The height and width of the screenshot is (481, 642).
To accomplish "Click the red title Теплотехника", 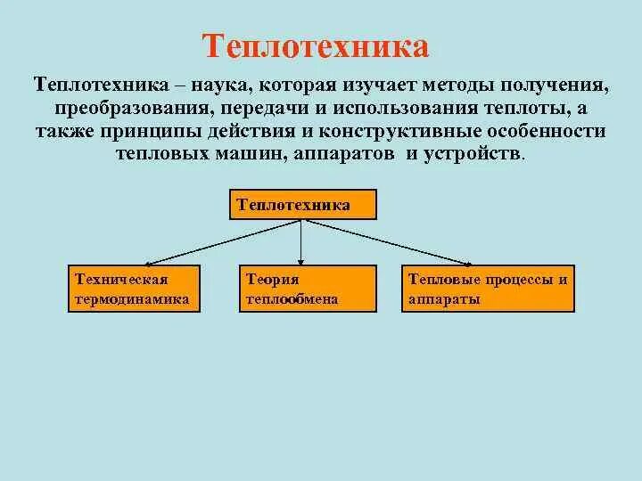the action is tap(317, 46).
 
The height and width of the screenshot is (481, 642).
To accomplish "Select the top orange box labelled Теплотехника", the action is tap(303, 204).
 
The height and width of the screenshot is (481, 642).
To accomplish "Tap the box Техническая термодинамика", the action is tap(135, 289).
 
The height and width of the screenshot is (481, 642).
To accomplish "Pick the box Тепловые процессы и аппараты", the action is tap(489, 289).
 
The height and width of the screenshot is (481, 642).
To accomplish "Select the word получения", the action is tap(557, 87).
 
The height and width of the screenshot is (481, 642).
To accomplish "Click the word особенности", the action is tap(551, 131).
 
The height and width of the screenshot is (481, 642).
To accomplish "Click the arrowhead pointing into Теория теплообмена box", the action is tap(301, 260).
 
